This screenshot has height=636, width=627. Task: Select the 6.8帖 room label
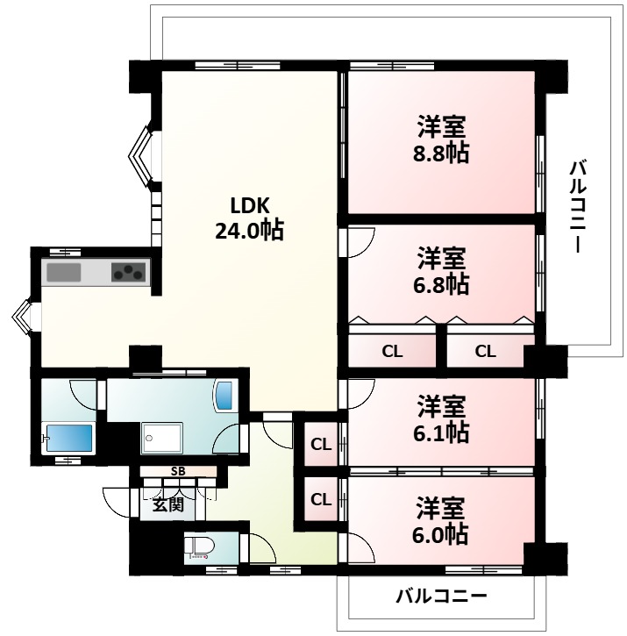click(x=441, y=271)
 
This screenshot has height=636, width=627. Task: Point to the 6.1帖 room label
click(x=441, y=419)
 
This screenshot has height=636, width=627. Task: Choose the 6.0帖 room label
click(x=441, y=521)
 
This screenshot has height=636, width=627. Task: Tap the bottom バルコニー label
click(x=440, y=597)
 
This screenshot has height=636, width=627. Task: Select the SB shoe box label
click(x=178, y=472)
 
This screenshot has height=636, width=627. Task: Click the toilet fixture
click(x=201, y=547)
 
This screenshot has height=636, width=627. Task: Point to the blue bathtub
click(x=68, y=436)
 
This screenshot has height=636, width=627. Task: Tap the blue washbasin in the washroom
click(x=224, y=396)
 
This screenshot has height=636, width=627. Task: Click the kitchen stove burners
click(x=130, y=272)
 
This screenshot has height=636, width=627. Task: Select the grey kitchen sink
click(x=64, y=272)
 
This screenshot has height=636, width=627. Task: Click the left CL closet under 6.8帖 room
click(x=392, y=352)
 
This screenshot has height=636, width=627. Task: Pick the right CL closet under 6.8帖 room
click(x=485, y=352)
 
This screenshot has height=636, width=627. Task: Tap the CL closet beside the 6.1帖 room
click(x=321, y=444)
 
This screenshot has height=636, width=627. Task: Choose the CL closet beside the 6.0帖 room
click(x=321, y=499)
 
